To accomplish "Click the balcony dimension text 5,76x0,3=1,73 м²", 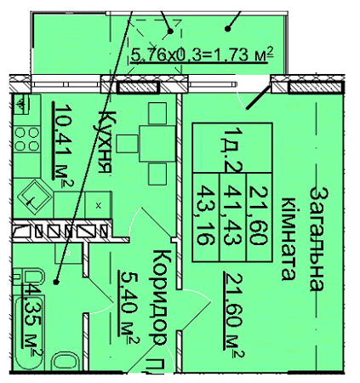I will pos(202,56).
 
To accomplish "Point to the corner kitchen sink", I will pos(34,196).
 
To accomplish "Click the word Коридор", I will pos(158,297).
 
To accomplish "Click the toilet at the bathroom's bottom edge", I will pos(64,362).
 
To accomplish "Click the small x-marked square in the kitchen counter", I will pos(99,205).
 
